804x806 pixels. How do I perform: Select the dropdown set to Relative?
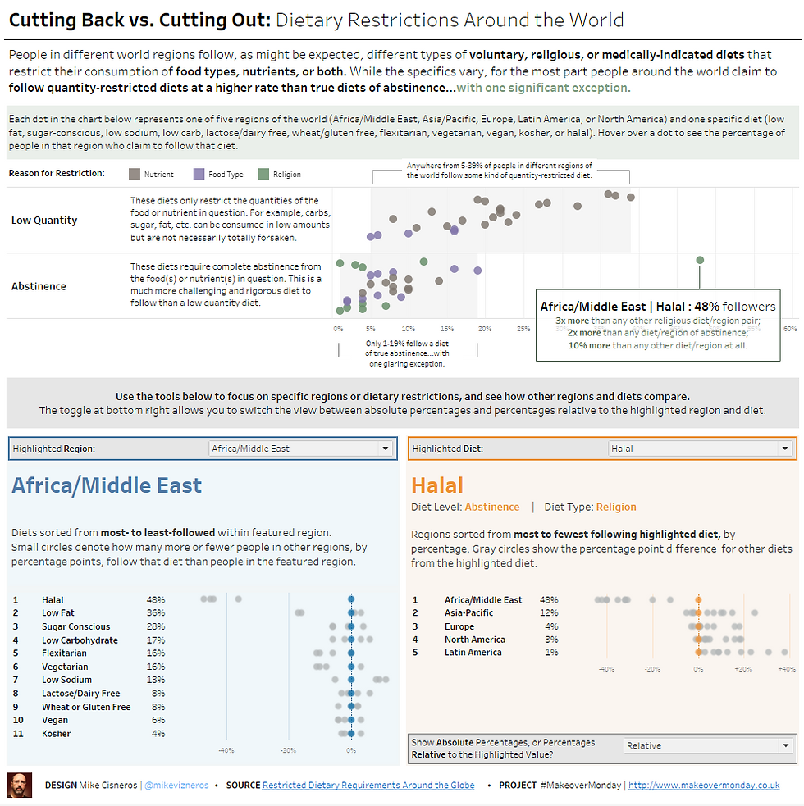(x=708, y=745)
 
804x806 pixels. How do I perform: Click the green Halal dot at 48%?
(x=700, y=260)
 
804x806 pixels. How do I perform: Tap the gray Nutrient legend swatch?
(x=135, y=174)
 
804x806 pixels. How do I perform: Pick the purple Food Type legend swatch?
(x=199, y=174)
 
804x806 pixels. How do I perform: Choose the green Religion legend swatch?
(x=263, y=174)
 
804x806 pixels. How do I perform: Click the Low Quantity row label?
(x=44, y=220)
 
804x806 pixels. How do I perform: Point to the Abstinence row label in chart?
(x=39, y=286)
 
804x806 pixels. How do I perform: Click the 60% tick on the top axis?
(x=789, y=329)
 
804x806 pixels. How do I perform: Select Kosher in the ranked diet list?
(x=57, y=733)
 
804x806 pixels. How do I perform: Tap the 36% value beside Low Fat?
(x=156, y=612)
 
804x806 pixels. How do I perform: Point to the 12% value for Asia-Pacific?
(x=549, y=612)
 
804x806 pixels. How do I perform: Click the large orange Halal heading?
(x=437, y=485)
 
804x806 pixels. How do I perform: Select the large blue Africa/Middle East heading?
(x=107, y=485)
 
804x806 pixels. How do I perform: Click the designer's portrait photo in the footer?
(x=20, y=785)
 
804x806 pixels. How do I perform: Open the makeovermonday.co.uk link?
(x=703, y=785)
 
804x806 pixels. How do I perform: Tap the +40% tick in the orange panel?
(x=786, y=669)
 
